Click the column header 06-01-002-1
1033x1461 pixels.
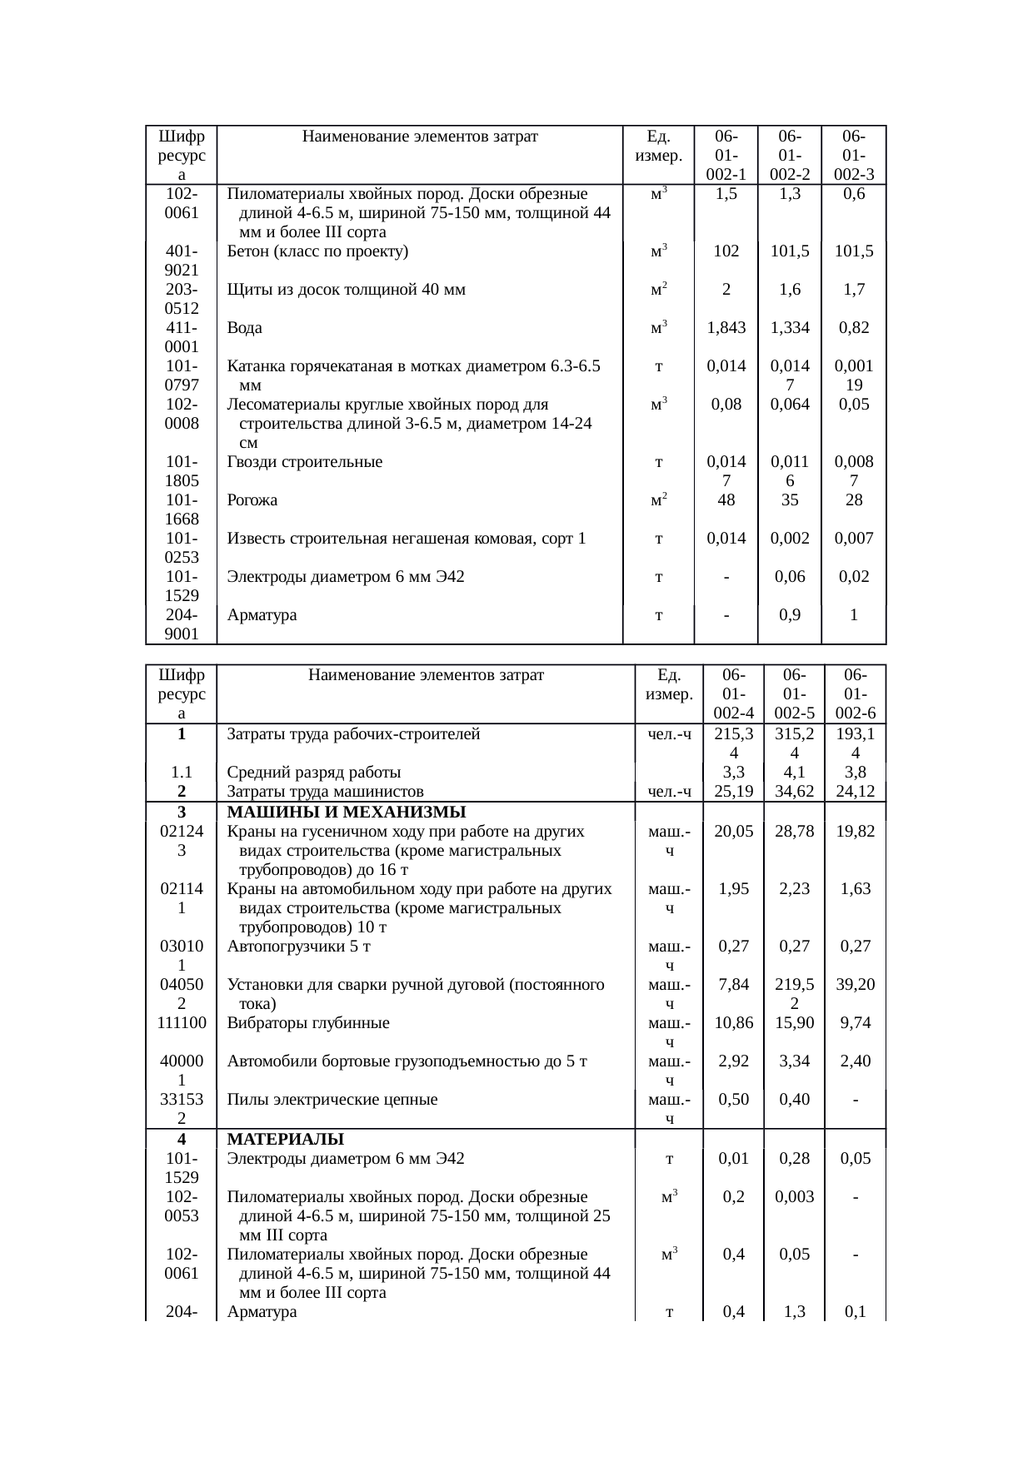pyautogui.click(x=726, y=156)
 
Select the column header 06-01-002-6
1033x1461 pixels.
pyautogui.click(x=856, y=693)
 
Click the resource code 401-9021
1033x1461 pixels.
pyautogui.click(x=182, y=261)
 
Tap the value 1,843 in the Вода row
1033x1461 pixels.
pyautogui.click(x=726, y=328)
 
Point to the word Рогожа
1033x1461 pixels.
pyautogui.click(x=252, y=500)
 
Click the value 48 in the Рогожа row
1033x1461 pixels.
pyautogui.click(x=726, y=500)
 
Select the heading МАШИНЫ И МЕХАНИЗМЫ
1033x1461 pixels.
pyautogui.click(x=346, y=812)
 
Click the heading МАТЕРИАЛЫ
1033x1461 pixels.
pyautogui.click(x=286, y=1139)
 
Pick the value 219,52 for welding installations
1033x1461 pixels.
pyautogui.click(x=794, y=994)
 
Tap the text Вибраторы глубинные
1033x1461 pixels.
pyautogui.click(x=308, y=1023)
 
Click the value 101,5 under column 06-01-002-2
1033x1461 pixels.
pyautogui.click(x=790, y=251)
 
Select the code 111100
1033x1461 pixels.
pyautogui.click(x=182, y=1023)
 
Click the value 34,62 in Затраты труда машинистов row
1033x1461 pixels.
pyautogui.click(x=794, y=791)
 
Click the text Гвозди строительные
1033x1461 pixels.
pyautogui.click(x=305, y=462)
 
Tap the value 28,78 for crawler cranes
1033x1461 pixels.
pyautogui.click(x=794, y=832)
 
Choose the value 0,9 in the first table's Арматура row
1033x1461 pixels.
pyautogui.click(x=790, y=616)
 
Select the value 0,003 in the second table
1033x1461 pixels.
pyautogui.click(x=794, y=1197)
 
